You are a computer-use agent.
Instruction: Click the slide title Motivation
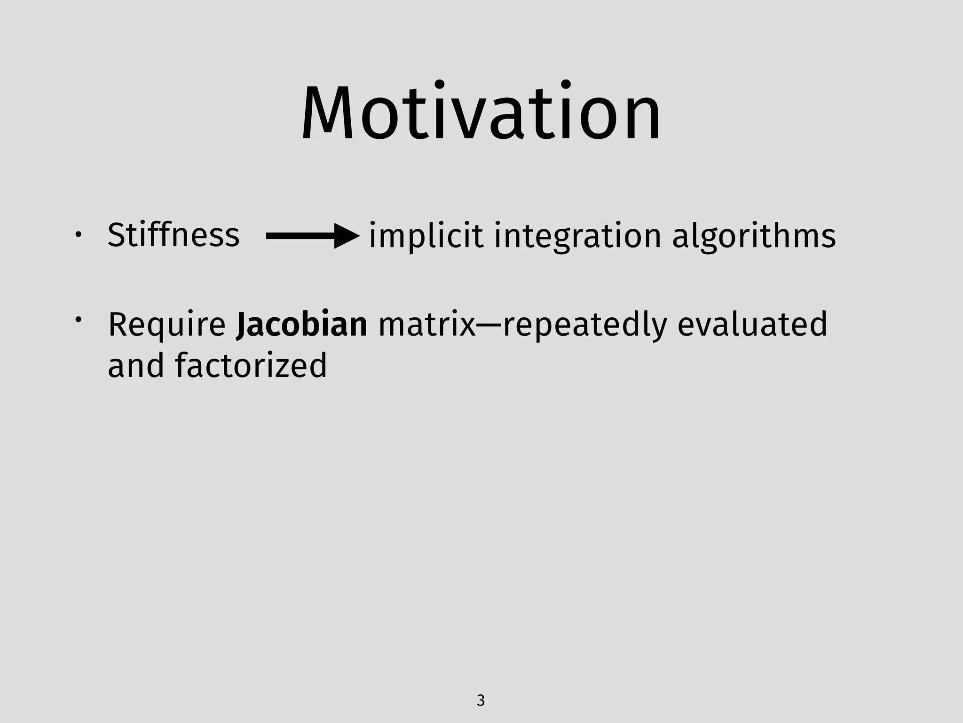point(481,114)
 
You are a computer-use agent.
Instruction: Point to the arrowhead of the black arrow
point(347,236)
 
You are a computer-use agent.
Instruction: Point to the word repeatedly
point(585,325)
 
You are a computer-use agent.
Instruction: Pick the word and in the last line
point(135,365)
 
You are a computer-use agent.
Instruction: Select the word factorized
point(251,365)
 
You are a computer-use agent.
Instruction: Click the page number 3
point(481,700)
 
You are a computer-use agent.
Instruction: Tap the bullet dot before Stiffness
point(78,234)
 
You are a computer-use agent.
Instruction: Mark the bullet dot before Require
point(78,320)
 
